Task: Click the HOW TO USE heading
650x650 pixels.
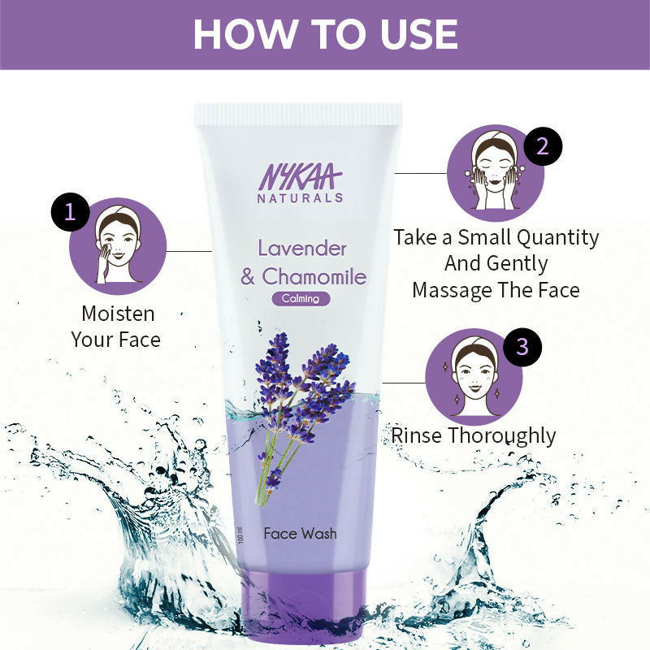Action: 325,33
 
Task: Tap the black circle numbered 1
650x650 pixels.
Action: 70,212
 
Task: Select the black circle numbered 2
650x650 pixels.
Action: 543,146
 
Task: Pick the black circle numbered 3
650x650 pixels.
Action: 522,347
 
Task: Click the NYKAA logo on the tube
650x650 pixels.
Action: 301,176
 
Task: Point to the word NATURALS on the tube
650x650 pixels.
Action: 301,197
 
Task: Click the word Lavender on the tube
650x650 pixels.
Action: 302,248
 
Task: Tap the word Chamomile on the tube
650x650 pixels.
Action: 314,276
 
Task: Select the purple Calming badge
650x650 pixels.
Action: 301,298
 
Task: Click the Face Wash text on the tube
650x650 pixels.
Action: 300,534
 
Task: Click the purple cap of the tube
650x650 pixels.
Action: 300,586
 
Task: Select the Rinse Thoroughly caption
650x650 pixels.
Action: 474,435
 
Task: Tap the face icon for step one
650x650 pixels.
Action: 119,245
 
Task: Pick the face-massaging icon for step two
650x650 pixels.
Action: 495,173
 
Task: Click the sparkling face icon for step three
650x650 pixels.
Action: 474,377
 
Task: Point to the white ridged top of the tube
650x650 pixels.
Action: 298,115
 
